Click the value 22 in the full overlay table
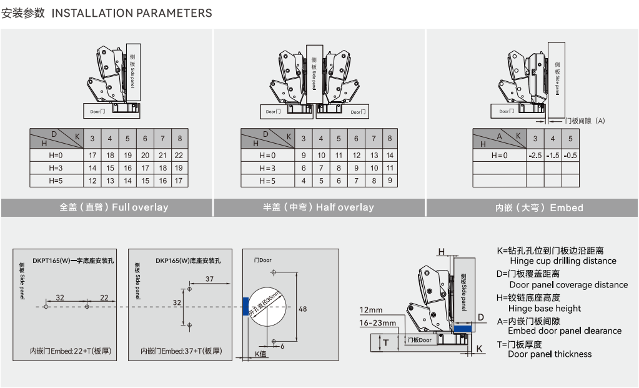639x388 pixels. tap(180, 155)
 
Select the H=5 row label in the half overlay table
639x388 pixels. tap(266, 181)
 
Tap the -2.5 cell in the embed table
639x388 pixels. tap(535, 156)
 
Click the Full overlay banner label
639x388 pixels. tap(114, 207)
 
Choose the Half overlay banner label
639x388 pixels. tap(319, 207)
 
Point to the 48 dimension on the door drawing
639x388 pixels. tap(303, 309)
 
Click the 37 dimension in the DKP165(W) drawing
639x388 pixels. tap(210, 279)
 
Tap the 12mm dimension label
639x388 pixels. tap(371, 310)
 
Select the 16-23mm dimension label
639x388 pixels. tap(377, 323)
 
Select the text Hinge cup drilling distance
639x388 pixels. tap(563, 261)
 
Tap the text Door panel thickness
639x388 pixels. tap(550, 354)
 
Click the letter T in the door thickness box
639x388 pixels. tap(386, 342)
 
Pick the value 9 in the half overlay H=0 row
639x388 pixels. tap(304, 155)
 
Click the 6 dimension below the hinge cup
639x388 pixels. tap(282, 346)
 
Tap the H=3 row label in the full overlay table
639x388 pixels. tap(56, 168)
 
